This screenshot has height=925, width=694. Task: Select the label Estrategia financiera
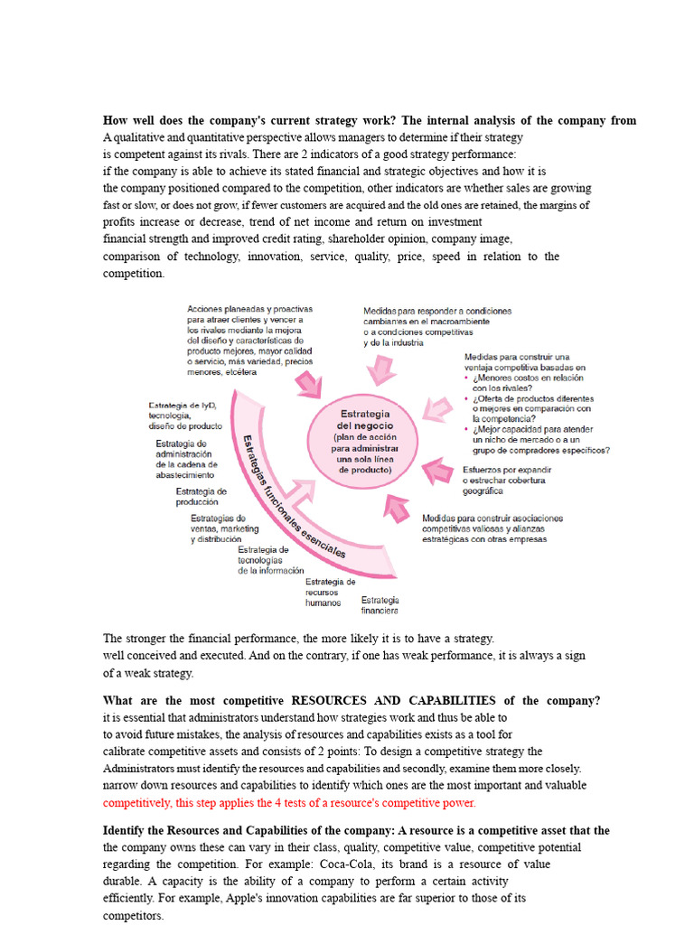tap(380, 605)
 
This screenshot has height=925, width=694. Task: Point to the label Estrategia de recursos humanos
tap(330, 592)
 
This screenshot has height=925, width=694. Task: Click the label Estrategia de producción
tap(201, 497)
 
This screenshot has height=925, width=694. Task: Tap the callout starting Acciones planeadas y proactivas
tap(249, 341)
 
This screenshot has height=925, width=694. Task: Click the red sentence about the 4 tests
tap(289, 802)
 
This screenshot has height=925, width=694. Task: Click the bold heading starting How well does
tap(370, 120)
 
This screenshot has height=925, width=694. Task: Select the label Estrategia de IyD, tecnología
tap(184, 416)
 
